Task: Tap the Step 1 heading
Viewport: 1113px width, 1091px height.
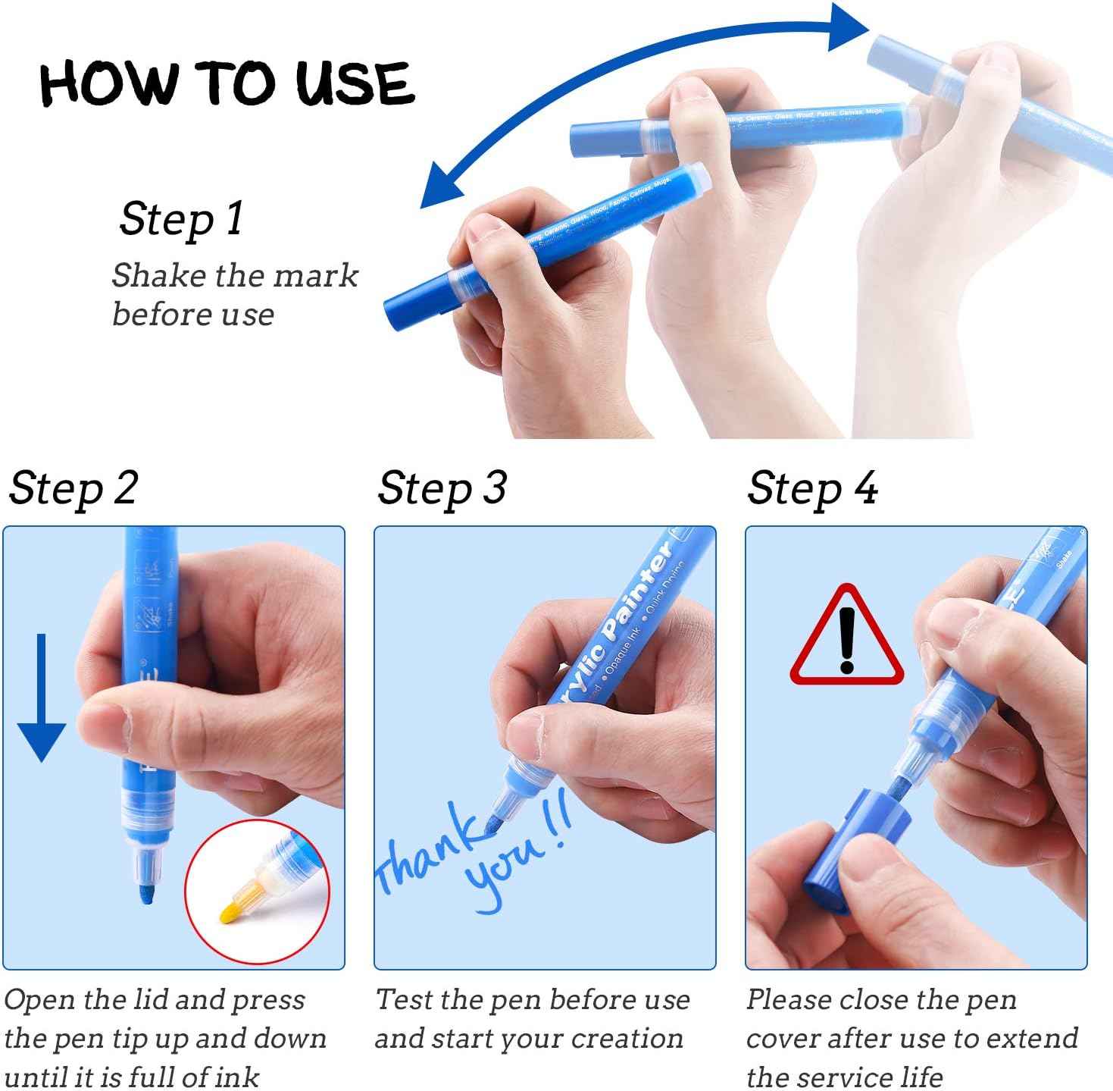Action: [x=181, y=220]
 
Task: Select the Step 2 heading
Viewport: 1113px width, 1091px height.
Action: [x=73, y=488]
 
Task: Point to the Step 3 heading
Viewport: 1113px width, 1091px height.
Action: [x=442, y=488]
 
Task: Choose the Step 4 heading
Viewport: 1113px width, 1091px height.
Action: [x=812, y=488]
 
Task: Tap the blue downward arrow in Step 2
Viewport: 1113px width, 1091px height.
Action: [x=42, y=698]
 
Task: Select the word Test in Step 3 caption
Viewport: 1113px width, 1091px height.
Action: [x=404, y=999]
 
